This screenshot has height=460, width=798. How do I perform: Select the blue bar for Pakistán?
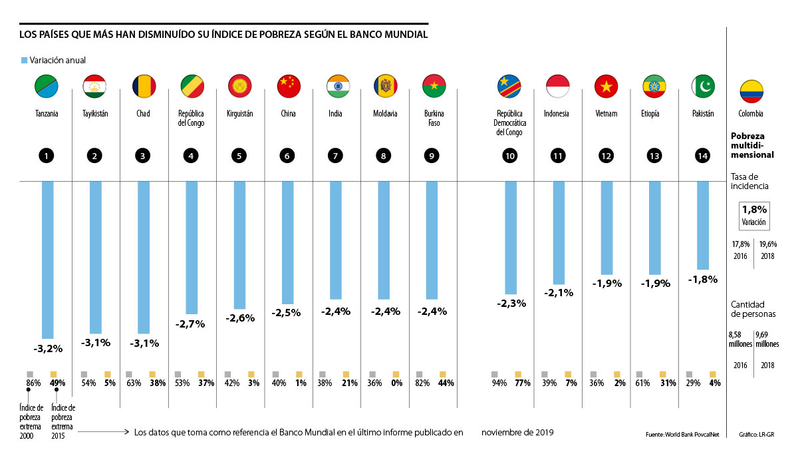[x=702, y=224]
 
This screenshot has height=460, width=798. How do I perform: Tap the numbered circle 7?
[x=335, y=156]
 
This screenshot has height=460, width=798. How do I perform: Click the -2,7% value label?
[x=191, y=324]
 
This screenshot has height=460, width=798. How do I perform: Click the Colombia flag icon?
[x=751, y=91]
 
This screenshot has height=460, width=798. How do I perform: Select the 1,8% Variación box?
[x=754, y=215]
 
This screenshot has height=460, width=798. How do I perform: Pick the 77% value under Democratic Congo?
[x=523, y=383]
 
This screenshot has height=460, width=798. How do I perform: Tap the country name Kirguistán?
[x=240, y=114]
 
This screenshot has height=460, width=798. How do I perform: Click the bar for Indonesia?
[x=559, y=232]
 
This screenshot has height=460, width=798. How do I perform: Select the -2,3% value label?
[x=511, y=304]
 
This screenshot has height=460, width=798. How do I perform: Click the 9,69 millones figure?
[x=765, y=340]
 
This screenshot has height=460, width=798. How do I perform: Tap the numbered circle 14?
[x=703, y=156]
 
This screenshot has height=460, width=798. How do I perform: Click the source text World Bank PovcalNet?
[x=678, y=435]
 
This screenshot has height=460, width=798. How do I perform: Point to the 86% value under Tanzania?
[x=33, y=383]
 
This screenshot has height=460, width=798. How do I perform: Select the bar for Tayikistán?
[x=96, y=257]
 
